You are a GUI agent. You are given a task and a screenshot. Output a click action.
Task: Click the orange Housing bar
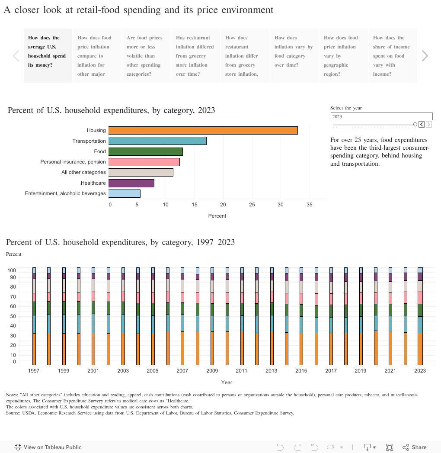[x=203, y=131]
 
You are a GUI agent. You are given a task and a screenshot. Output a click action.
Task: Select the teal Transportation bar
[x=157, y=141]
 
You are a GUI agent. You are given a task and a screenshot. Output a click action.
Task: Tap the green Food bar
[x=145, y=151]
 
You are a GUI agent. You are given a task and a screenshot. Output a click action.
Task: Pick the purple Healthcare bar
[x=131, y=183]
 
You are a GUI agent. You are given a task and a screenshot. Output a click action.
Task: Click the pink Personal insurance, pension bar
[x=144, y=162]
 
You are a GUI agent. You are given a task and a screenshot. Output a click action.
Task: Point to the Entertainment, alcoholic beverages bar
[x=124, y=193]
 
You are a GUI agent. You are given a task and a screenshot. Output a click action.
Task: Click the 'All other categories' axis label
[x=83, y=172]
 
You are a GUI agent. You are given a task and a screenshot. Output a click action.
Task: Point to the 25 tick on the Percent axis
[x=252, y=205]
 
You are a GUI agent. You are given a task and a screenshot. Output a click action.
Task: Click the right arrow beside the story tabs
[x=425, y=56]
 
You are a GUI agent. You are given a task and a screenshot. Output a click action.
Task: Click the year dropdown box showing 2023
[x=381, y=116]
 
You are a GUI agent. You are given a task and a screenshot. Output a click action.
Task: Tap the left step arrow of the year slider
[x=422, y=125]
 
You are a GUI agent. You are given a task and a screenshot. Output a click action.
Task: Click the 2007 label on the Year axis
[x=182, y=371]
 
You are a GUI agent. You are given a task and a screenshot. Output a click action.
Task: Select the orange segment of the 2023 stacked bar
[x=420, y=348]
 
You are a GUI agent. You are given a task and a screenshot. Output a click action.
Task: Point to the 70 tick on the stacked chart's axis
[x=13, y=297]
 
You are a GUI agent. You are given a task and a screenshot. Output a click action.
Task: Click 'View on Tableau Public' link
[x=48, y=447]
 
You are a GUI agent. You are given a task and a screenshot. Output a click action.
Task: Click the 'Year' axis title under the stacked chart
[x=227, y=382]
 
